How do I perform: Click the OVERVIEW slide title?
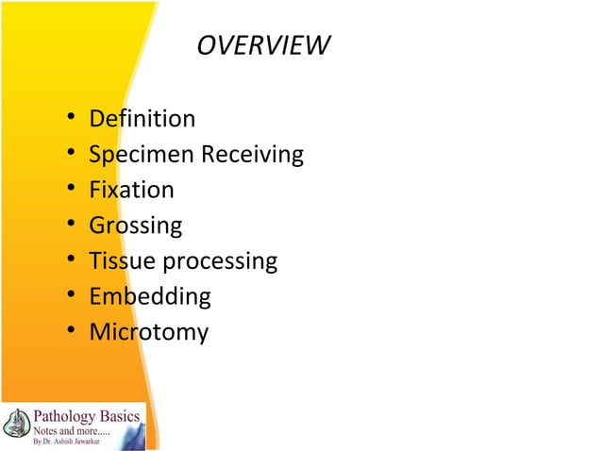tap(263, 45)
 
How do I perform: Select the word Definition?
tap(142, 119)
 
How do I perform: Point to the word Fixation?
tap(131, 191)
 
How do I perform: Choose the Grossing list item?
tap(135, 226)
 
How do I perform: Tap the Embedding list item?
tap(149, 297)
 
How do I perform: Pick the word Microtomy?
tap(148, 333)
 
